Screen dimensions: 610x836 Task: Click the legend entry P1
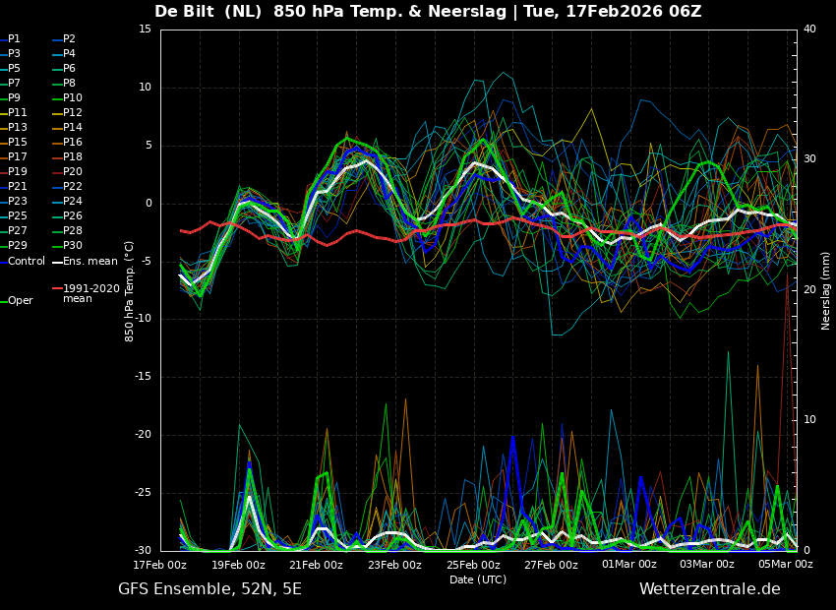[x=14, y=39]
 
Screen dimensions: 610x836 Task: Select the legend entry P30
[x=72, y=246]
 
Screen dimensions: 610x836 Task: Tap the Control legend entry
[x=27, y=261]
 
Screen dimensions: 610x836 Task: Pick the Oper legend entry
[x=21, y=301]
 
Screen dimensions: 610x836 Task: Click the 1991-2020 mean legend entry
[x=90, y=293]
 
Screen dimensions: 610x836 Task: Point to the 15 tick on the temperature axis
[x=145, y=30]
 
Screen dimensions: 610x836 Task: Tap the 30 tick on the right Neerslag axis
[x=809, y=158]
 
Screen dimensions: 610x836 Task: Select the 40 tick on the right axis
[x=809, y=30]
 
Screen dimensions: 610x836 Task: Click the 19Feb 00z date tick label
[x=238, y=565]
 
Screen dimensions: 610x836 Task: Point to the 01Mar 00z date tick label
[x=628, y=565]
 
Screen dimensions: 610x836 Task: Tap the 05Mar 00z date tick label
[x=785, y=565]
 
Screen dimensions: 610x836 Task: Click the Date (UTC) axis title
[x=478, y=579]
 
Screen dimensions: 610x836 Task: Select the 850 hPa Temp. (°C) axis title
[x=130, y=290]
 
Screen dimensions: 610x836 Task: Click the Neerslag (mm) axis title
[x=826, y=290]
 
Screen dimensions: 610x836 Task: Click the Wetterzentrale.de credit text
[x=709, y=589]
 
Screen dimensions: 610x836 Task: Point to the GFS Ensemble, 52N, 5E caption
[x=209, y=589]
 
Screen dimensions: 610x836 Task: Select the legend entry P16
[x=72, y=143]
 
